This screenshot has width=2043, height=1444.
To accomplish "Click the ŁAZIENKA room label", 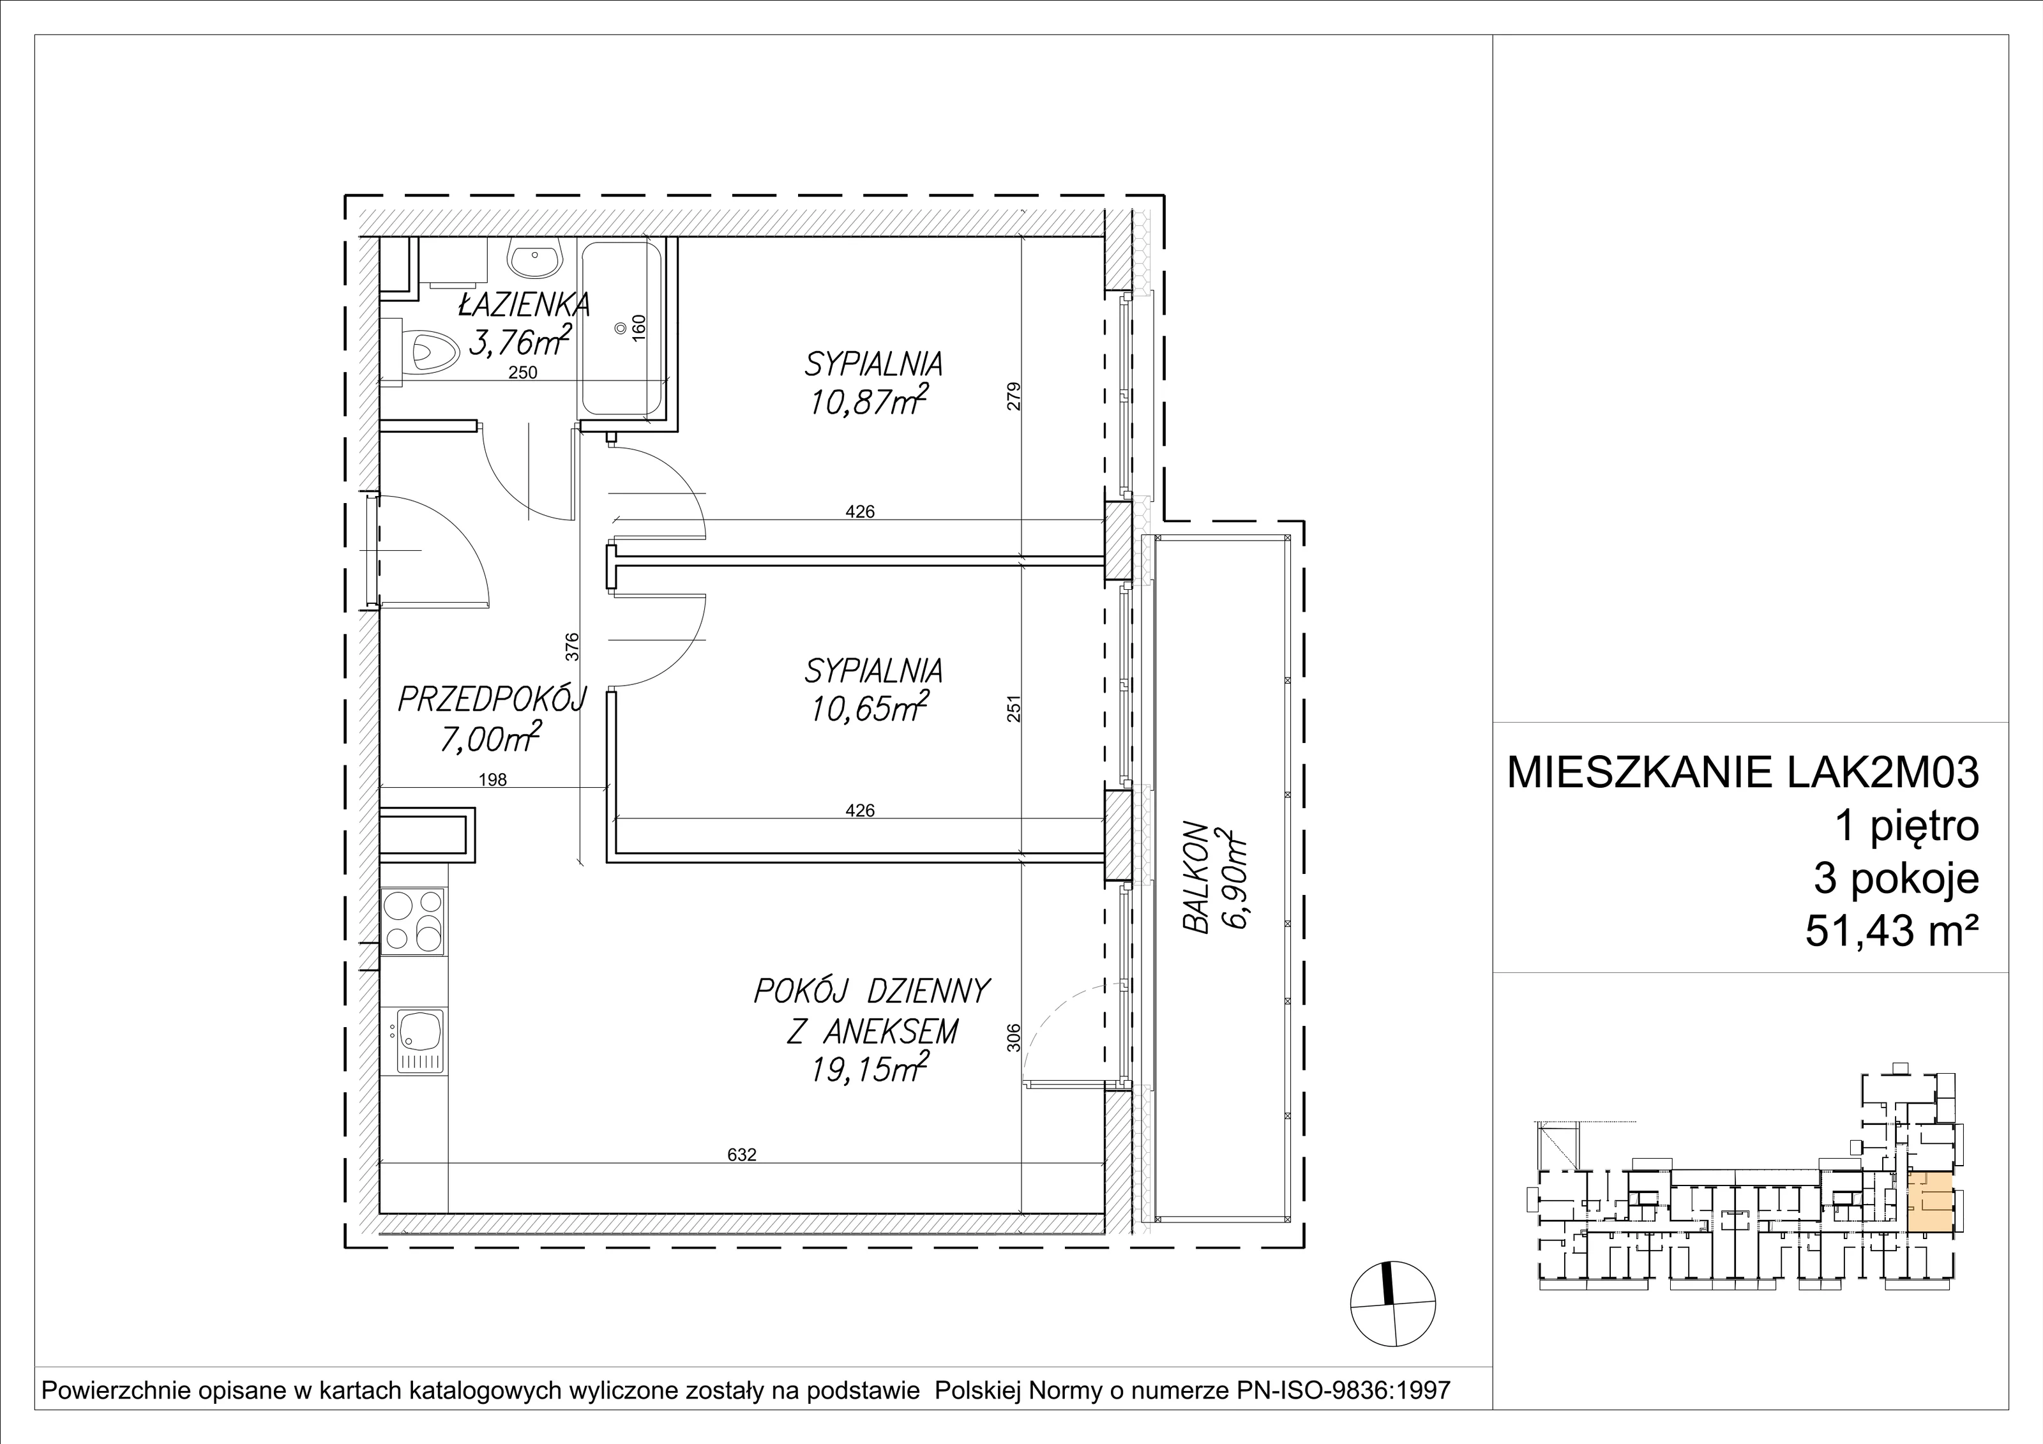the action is point(524,305).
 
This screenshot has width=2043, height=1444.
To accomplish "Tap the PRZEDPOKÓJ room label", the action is point(491,700).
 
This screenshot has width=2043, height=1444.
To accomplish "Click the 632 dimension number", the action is point(741,1154).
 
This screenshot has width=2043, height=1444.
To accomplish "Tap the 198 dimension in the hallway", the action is point(492,779).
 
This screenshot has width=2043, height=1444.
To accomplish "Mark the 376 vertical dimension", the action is point(572,646).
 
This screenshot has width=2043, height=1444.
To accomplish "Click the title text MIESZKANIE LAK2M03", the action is point(1743,772).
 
